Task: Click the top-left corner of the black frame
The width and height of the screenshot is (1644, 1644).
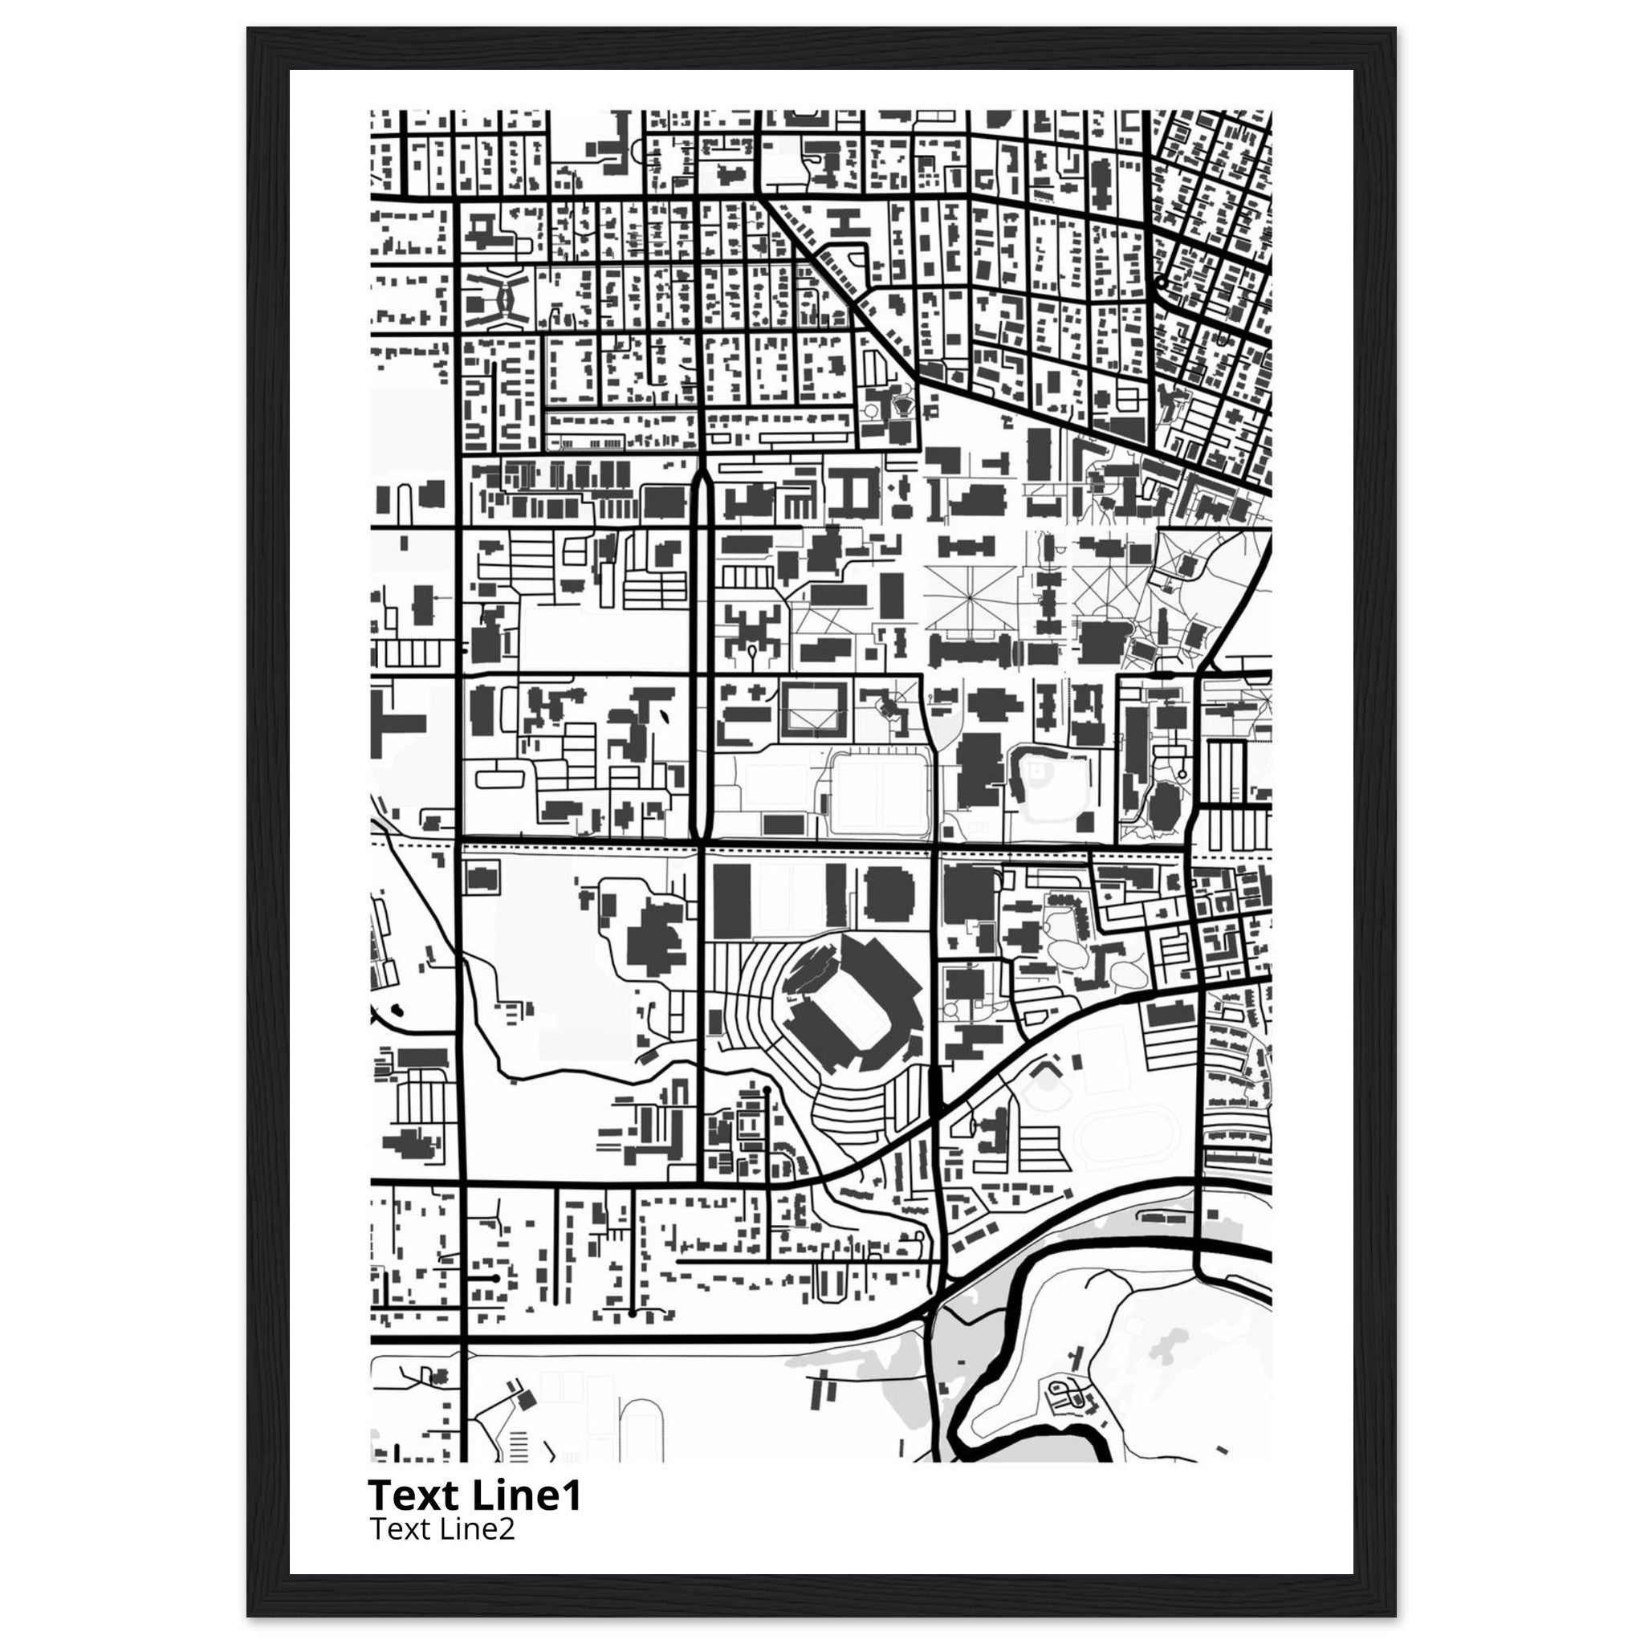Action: [x=249, y=28]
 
